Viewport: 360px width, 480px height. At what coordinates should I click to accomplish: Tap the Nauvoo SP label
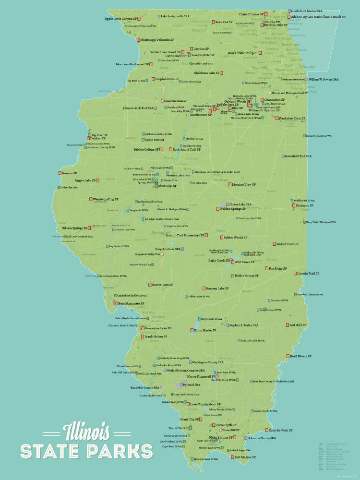tap(70, 173)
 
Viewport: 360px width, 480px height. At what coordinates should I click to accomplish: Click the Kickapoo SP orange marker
tap(292, 205)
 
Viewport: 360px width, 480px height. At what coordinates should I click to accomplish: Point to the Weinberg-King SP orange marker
tap(90, 199)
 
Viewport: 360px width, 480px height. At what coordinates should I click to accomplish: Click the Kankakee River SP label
tap(295, 118)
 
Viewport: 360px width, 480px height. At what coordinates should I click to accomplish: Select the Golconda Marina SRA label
tap(262, 438)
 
